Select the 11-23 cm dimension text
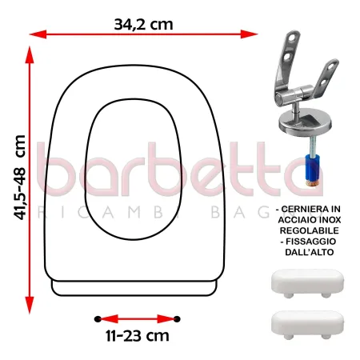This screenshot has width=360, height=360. [x=136, y=338]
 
